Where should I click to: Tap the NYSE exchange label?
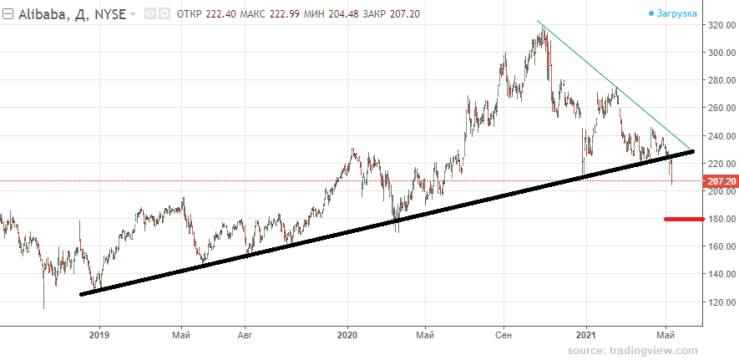[x=109, y=14]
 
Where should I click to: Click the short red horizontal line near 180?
[x=683, y=219]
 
